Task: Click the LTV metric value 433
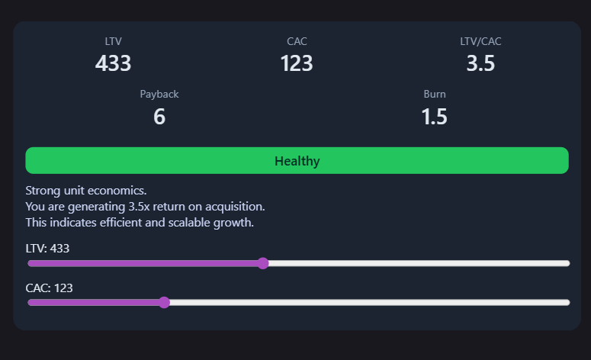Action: pos(113,63)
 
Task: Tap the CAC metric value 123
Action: pos(297,63)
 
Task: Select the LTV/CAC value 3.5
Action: pos(480,63)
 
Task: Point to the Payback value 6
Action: pos(159,117)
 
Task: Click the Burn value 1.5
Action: pos(435,117)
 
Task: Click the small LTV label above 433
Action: pos(113,41)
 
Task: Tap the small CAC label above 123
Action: pos(297,41)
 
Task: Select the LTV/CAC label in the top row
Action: pos(480,41)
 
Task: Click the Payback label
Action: pos(159,95)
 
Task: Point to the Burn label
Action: pos(435,95)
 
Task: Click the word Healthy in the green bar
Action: pos(297,161)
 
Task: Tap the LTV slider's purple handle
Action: pos(263,263)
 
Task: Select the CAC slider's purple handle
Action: pos(164,302)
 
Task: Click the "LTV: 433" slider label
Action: pos(48,249)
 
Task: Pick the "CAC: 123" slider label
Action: pos(49,288)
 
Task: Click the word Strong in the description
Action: pos(43,190)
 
